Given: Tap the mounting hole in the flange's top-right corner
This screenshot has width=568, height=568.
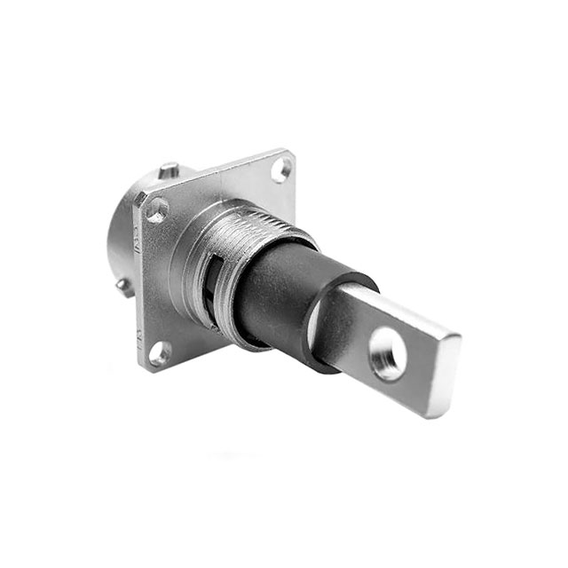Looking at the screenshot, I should [280, 167].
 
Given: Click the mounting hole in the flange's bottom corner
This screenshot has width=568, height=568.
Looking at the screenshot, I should [161, 352].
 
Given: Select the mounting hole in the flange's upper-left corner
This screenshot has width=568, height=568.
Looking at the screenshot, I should [157, 210].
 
